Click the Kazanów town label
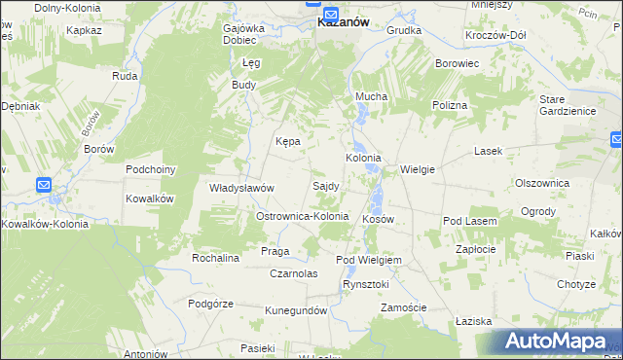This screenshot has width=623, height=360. pyautogui.click(x=343, y=26)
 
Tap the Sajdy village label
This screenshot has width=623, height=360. pyautogui.click(x=325, y=185)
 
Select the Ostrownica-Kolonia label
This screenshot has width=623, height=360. pyautogui.click(x=301, y=215)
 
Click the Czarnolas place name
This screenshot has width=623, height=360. pyautogui.click(x=295, y=273)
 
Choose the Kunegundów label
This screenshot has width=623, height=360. pyautogui.click(x=295, y=310)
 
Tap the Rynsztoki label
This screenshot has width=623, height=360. pyautogui.click(x=366, y=284)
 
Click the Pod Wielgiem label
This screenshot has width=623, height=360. pyautogui.click(x=369, y=261)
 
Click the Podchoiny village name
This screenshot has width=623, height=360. pyautogui.click(x=150, y=168)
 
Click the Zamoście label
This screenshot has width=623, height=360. pyautogui.click(x=404, y=307)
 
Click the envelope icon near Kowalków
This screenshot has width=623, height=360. pyautogui.click(x=43, y=184)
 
